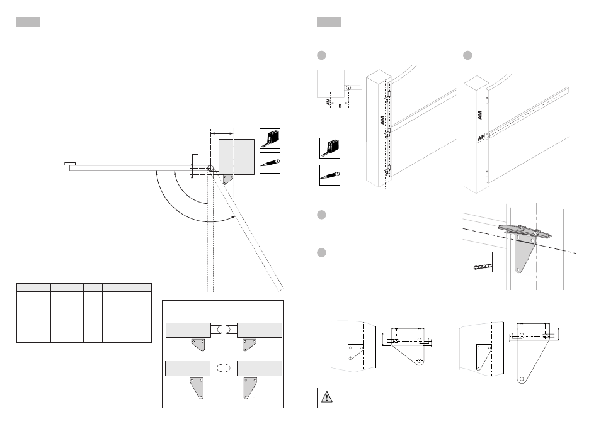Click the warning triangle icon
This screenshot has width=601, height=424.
coord(326,397)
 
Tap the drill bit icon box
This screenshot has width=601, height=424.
coord(482,262)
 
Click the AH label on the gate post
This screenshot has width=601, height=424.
coord(481,138)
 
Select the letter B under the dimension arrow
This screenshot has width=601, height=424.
coord(340,106)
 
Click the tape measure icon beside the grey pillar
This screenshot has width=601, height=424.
coord(270,138)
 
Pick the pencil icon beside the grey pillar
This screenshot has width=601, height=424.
coord(270,163)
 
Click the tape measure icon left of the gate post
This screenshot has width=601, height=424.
coord(329,148)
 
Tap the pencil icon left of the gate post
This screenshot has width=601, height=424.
coord(329,176)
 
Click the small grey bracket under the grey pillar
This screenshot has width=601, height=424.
coord(228,179)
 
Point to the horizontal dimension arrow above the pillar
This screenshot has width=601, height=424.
coord(222,133)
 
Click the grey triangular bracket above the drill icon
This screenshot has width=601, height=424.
coord(524,254)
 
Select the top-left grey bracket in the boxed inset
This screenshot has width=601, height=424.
coord(198,344)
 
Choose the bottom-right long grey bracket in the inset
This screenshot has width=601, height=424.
coord(250,388)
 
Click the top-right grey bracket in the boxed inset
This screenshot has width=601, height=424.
coord(249,344)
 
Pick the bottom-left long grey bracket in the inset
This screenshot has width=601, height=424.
coord(197,388)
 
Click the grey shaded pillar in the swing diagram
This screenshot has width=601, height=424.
coord(236,157)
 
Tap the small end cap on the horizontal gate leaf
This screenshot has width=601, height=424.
coord(70,164)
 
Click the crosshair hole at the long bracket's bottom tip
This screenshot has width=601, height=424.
coord(522,379)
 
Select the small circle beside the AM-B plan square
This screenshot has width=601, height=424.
coord(348,88)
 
